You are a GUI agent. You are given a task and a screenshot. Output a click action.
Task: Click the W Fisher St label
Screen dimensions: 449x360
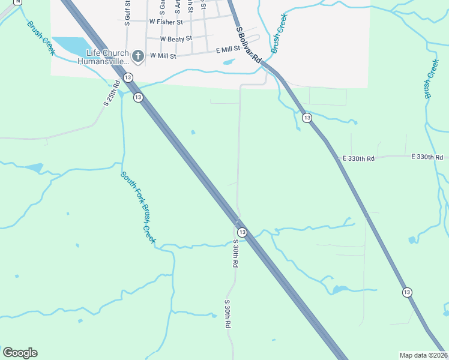click(x=166, y=22)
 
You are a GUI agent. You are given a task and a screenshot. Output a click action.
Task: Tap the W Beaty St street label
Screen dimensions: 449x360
click(x=176, y=38)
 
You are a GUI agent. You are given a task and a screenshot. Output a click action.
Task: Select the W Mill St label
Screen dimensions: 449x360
click(x=163, y=56)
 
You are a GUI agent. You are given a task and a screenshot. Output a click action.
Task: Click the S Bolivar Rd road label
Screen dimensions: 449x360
click(x=249, y=45)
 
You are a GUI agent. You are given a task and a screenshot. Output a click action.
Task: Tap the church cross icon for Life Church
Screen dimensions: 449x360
click(x=137, y=57)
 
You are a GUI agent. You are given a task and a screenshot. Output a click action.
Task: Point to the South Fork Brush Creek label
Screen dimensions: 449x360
click(x=139, y=208)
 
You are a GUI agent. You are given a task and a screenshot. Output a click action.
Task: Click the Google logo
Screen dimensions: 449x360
click(x=20, y=353)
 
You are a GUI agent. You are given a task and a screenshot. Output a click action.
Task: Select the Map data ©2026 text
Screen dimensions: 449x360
click(x=423, y=355)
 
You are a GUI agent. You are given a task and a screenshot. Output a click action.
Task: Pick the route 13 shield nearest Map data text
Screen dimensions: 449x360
click(x=408, y=292)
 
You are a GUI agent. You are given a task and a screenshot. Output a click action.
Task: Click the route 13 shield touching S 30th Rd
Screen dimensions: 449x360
click(x=242, y=232)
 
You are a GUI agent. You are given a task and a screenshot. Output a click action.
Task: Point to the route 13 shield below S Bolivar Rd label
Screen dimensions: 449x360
click(x=307, y=118)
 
